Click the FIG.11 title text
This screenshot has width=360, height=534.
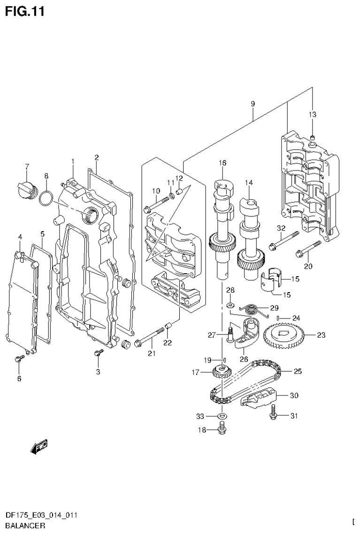point(24,11)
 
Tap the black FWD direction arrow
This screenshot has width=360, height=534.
point(39,447)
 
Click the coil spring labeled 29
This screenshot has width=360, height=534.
point(249,309)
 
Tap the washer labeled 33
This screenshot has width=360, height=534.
point(222,416)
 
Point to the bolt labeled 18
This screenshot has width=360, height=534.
point(222,428)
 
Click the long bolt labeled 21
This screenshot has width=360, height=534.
point(149,339)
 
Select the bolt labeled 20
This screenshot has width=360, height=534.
point(307,249)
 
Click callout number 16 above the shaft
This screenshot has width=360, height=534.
point(222,163)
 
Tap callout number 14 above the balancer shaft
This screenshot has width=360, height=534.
point(248,182)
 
